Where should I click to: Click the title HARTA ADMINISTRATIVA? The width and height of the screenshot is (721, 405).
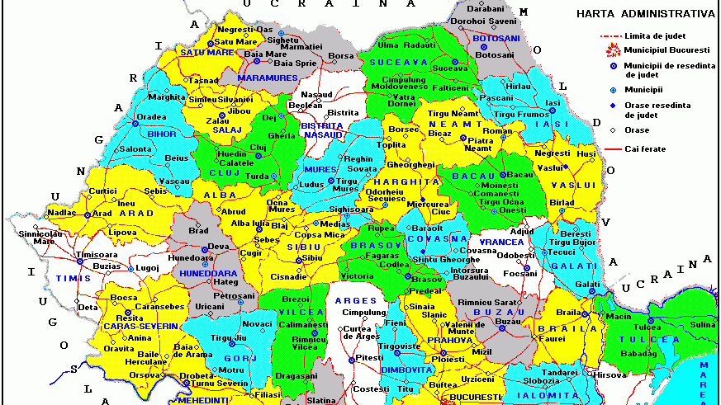[645, 13]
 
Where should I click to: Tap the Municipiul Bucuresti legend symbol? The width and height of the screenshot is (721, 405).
[612, 50]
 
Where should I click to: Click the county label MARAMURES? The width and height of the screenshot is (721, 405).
[267, 78]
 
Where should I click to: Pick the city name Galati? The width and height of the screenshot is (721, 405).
[587, 284]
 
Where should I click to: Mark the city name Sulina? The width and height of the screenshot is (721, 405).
[702, 326]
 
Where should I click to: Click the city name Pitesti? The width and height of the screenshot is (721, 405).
[372, 357]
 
